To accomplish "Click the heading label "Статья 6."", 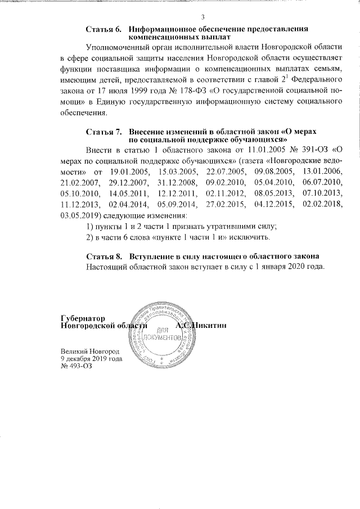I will coord(104,28).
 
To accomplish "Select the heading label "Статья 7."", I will coord(104,131).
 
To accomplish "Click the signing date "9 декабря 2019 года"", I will coord(91,358).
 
